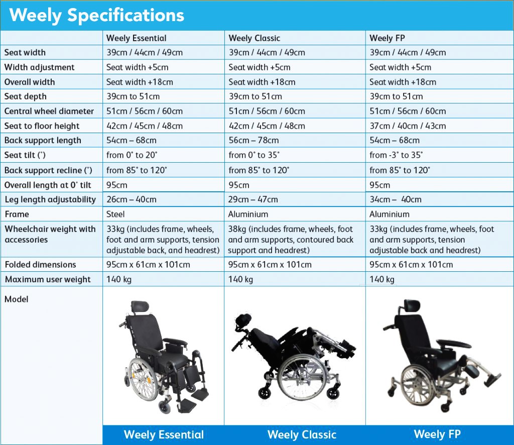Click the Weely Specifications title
97,16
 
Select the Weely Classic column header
254,38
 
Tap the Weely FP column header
387,38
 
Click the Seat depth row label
25,96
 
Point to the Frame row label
17,214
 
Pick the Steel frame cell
115,214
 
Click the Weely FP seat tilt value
396,155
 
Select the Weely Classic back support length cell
253,140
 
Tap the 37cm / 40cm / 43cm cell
408,126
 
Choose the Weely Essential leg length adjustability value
131,199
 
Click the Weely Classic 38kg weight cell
291,240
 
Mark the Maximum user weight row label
48,279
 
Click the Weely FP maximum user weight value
382,279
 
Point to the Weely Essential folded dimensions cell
148,265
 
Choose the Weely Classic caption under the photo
302,435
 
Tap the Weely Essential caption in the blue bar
164,435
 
